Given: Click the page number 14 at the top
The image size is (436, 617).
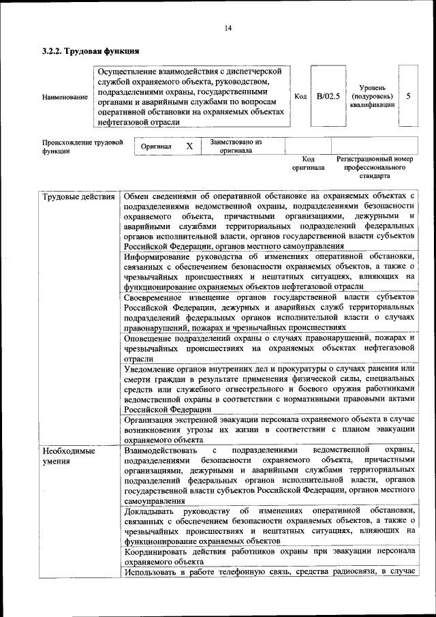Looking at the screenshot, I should (x=228, y=27).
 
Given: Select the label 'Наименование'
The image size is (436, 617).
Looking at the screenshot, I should (x=65, y=97).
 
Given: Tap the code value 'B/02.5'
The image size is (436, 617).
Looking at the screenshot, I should (x=328, y=96).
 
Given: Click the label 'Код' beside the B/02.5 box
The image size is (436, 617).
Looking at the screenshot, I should (x=300, y=96).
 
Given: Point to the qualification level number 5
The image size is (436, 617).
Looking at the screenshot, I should (x=407, y=96).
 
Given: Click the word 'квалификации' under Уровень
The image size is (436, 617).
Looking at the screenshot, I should (x=372, y=104).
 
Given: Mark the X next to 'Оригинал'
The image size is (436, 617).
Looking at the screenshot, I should (x=189, y=146).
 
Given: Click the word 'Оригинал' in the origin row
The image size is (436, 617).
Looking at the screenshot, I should (x=156, y=147).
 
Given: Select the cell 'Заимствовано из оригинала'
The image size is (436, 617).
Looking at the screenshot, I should (x=236, y=146).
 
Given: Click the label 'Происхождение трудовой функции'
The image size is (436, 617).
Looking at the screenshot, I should (x=82, y=147).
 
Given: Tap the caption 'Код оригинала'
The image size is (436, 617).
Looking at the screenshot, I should (x=308, y=162).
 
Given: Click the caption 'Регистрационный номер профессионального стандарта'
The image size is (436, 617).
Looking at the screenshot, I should (x=375, y=166).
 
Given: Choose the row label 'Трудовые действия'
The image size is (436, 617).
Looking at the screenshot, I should (x=78, y=198).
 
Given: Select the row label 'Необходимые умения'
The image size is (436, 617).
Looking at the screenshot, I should (x=68, y=456).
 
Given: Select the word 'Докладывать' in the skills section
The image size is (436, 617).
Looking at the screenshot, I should (x=152, y=511).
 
